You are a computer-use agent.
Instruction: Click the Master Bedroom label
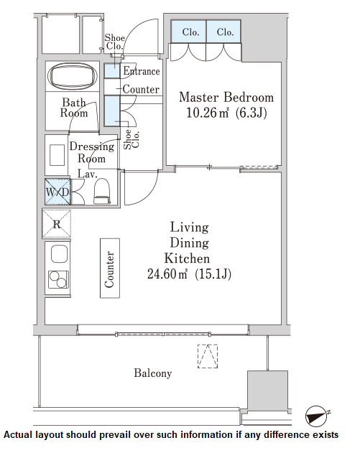(x=226, y=98)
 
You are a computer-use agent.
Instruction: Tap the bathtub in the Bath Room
(x=73, y=76)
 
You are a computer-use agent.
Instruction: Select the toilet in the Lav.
(x=102, y=191)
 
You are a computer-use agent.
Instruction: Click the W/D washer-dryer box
(x=57, y=192)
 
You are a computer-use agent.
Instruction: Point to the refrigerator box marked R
(x=57, y=224)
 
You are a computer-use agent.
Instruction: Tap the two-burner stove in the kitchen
(x=58, y=279)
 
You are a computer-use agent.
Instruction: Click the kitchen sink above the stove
(x=59, y=253)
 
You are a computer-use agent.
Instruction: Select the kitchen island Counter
(x=110, y=268)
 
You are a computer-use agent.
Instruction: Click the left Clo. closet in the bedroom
(x=188, y=31)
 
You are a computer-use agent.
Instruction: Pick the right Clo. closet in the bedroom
(x=223, y=31)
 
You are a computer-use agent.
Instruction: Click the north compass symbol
(x=317, y=416)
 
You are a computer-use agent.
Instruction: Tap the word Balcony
(x=152, y=373)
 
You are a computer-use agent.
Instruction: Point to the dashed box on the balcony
(x=208, y=356)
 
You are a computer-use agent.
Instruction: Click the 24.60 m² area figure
(x=167, y=274)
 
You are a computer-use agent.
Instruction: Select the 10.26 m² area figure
(x=208, y=113)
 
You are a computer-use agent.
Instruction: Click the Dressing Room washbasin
(x=57, y=155)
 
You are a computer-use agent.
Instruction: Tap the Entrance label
(x=142, y=71)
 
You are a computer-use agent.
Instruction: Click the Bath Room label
(x=74, y=108)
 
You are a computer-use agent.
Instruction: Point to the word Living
(x=189, y=228)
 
